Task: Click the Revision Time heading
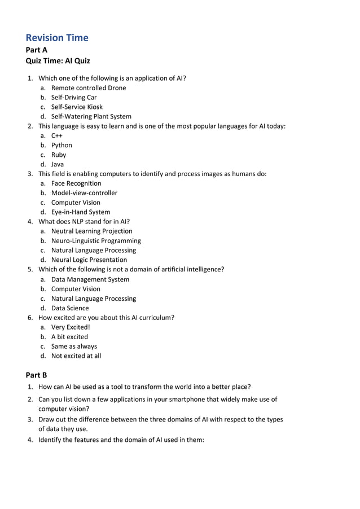(57, 38)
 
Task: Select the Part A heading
(37, 50)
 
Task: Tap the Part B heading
(37, 375)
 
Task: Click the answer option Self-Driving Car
(74, 97)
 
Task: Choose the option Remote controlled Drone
(89, 87)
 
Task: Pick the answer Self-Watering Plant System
(91, 116)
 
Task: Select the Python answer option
(62, 145)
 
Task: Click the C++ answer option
(57, 135)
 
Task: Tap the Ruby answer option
(59, 155)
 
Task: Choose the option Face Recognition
(76, 183)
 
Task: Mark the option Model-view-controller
(84, 193)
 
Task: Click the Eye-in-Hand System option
(81, 212)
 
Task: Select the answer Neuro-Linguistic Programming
(96, 240)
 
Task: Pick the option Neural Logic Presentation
(89, 260)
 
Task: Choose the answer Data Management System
(90, 279)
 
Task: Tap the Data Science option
(70, 308)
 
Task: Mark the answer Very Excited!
(71, 327)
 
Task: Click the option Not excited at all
(76, 356)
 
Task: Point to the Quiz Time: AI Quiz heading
(58, 61)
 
